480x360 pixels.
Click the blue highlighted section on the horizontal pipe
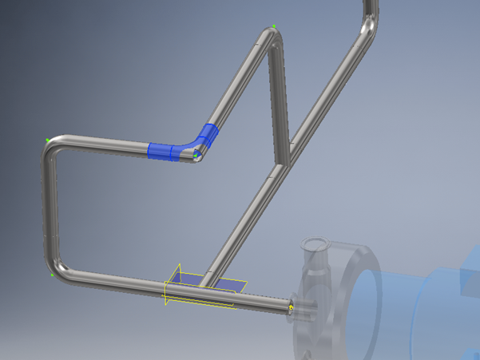coord(166,150)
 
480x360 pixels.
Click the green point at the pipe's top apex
coord(274,27)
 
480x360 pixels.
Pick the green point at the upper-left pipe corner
coord(48,140)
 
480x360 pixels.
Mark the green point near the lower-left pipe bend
coord(52,275)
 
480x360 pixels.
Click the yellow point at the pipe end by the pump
coord(291,306)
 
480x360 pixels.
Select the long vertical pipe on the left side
coord(50,208)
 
